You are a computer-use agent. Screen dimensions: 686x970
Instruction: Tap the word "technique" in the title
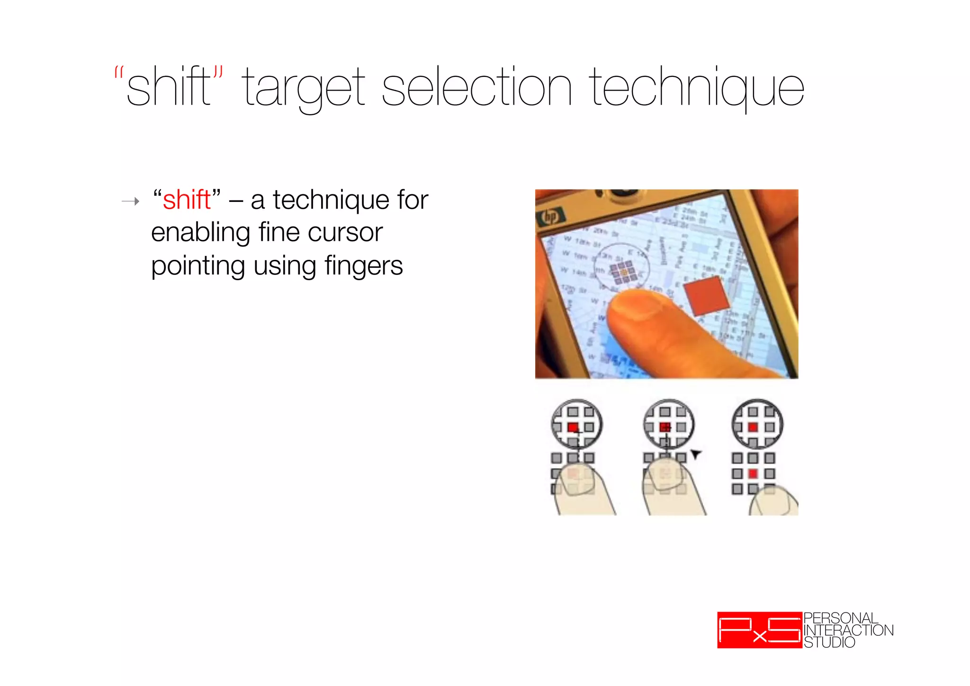pyautogui.click(x=696, y=88)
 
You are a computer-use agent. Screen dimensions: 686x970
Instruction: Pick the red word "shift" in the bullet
pyautogui.click(x=187, y=200)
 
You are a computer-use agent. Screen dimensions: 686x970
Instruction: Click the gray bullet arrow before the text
pyautogui.click(x=131, y=201)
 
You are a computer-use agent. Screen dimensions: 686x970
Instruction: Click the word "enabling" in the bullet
pyautogui.click(x=200, y=233)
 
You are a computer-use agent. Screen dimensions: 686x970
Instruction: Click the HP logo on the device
pyautogui.click(x=550, y=217)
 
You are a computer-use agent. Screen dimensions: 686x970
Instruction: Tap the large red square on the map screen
pyautogui.click(x=707, y=297)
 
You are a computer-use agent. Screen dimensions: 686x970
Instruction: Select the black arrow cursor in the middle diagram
pyautogui.click(x=695, y=454)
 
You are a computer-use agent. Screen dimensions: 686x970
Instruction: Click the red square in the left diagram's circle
pyautogui.click(x=573, y=427)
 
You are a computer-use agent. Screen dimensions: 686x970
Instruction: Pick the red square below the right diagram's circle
pyautogui.click(x=753, y=474)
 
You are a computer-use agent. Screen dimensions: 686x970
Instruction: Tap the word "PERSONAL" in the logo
pyautogui.click(x=841, y=618)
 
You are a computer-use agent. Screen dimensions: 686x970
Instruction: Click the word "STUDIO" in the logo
pyautogui.click(x=829, y=642)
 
